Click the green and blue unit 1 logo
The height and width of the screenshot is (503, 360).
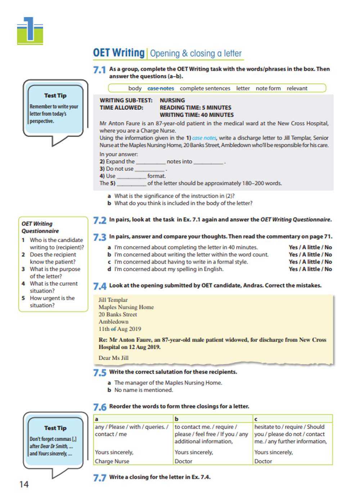[x=30, y=31]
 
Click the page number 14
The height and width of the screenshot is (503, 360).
[x=24, y=484]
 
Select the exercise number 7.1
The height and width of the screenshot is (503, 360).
[x=100, y=70]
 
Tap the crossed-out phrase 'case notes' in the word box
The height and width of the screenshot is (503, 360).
[x=161, y=88]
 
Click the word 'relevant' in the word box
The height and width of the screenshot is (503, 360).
[x=297, y=88]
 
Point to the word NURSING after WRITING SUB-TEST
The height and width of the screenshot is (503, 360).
[x=172, y=100]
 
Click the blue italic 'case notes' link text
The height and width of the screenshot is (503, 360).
[x=204, y=138]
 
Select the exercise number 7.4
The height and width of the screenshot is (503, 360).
[x=100, y=286]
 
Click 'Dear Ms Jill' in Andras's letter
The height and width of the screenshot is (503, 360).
[x=113, y=358]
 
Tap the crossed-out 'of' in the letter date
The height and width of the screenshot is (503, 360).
[x=113, y=329]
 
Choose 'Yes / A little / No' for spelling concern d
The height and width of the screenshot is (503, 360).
[x=310, y=269]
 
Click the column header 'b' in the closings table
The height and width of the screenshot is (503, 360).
[x=176, y=419]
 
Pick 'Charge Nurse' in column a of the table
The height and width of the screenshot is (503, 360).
[x=112, y=461]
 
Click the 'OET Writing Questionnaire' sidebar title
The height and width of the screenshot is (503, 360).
[x=40, y=227]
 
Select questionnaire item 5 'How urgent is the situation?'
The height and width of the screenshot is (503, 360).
[x=52, y=302]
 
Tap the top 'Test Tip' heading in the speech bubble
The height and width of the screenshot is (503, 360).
[x=55, y=95]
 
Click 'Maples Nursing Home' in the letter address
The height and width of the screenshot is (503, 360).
[x=126, y=307]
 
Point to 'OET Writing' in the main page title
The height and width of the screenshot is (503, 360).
[x=118, y=53]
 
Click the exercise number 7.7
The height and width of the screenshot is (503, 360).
[x=100, y=478]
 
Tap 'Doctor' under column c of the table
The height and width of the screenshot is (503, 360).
[x=263, y=461]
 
